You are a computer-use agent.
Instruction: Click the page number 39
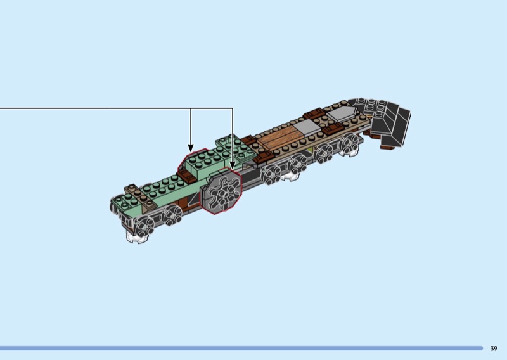[494, 349]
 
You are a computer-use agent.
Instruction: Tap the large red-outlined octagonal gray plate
[221, 191]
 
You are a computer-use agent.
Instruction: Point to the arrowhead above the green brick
[191, 148]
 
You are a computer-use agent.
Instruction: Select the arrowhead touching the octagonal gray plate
[232, 165]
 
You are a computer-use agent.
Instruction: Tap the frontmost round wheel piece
[144, 226]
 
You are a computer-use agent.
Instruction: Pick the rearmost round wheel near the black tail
[350, 144]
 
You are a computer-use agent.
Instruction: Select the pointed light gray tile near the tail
[340, 113]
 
